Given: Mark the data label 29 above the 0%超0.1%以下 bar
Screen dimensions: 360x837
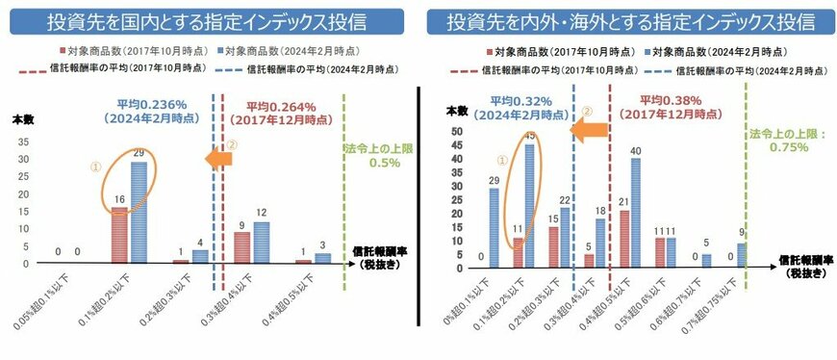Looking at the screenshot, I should pyautogui.click(x=493, y=179).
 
